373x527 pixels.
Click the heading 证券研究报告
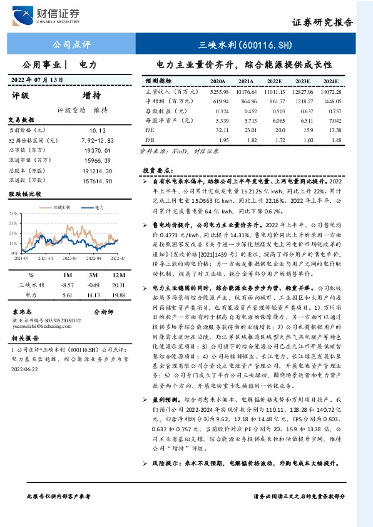[x=322, y=23]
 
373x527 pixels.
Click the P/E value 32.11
[x=218, y=130]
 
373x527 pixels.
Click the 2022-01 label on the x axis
[x=71, y=257]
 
